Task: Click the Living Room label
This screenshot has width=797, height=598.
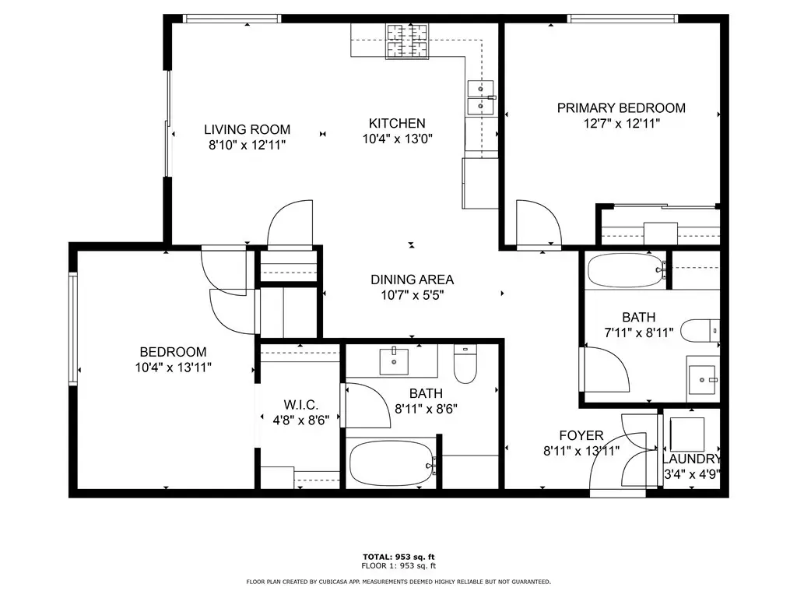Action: click(247, 130)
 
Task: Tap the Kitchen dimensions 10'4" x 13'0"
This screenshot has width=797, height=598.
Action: click(398, 139)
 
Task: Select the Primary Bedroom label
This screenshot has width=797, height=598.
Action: click(621, 107)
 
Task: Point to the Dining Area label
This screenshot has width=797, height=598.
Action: click(413, 280)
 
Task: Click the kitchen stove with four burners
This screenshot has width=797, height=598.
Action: click(408, 40)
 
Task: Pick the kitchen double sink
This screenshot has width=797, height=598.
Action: click(480, 97)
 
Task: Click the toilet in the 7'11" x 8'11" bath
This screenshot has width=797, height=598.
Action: click(700, 331)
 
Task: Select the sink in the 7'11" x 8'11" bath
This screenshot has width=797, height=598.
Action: click(703, 379)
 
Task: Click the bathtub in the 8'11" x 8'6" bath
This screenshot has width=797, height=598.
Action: click(392, 463)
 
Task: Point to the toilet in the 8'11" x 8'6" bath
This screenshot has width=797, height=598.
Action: click(465, 364)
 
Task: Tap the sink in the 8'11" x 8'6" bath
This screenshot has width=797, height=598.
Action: click(394, 361)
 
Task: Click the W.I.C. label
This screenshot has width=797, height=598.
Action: click(301, 405)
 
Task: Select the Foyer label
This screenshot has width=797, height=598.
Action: click(581, 436)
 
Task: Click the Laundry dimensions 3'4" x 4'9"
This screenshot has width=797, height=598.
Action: click(692, 474)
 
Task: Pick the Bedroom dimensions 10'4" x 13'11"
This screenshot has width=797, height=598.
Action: click(174, 368)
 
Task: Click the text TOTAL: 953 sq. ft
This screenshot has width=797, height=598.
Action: click(398, 558)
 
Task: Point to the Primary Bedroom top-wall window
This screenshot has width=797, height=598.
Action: click(623, 19)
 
